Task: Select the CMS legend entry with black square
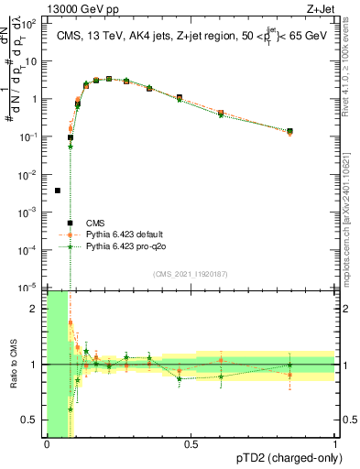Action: click(71, 223)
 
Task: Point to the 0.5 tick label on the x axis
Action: click(190, 445)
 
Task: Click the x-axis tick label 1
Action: click(334, 445)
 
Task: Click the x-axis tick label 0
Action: click(47, 445)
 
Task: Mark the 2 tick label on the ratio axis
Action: click(34, 309)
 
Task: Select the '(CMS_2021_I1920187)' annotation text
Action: click(191, 273)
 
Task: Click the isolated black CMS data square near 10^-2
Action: click(58, 191)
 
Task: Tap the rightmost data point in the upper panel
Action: click(290, 131)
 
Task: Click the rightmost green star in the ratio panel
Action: click(290, 365)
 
